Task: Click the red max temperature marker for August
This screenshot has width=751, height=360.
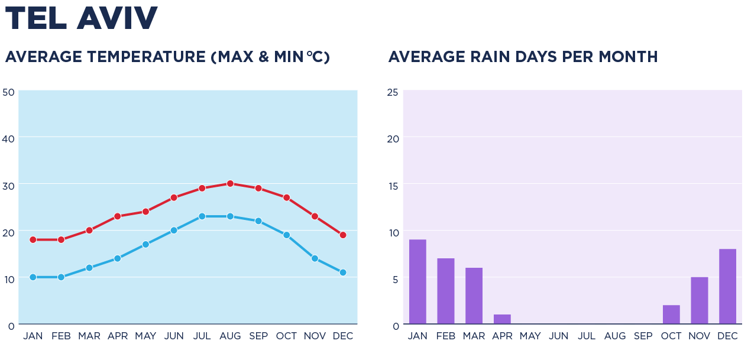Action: pyautogui.click(x=230, y=183)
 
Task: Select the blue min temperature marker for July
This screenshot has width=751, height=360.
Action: pyautogui.click(x=202, y=216)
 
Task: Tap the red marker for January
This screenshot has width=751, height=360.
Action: pyautogui.click(x=33, y=239)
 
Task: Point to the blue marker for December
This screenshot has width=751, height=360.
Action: pyautogui.click(x=342, y=273)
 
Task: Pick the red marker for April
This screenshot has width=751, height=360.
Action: pyautogui.click(x=118, y=216)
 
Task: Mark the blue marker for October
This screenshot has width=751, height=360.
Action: pyautogui.click(x=286, y=235)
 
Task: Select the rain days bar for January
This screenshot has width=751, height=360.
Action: pyautogui.click(x=417, y=281)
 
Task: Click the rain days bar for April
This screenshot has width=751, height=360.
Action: pyautogui.click(x=502, y=319)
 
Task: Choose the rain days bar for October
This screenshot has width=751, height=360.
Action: pyautogui.click(x=671, y=314)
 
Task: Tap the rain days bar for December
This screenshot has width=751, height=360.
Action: pyautogui.click(x=727, y=286)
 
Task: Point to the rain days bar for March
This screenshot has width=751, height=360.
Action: pyautogui.click(x=474, y=296)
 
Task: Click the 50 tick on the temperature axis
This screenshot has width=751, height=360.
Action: pyautogui.click(x=8, y=92)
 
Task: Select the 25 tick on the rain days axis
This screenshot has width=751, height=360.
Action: pyautogui.click(x=392, y=92)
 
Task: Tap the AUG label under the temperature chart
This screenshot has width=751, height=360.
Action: pyautogui.click(x=230, y=336)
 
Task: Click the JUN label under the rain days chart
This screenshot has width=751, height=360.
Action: pyautogui.click(x=558, y=336)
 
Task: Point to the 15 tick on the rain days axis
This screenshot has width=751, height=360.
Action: pyautogui.click(x=393, y=186)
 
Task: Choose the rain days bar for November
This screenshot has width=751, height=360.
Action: pyautogui.click(x=699, y=300)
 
